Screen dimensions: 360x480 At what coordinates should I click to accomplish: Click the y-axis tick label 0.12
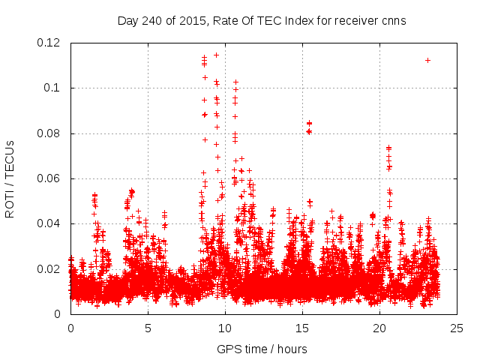click(49, 43)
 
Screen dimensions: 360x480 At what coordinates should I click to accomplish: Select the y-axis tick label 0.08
click(49, 133)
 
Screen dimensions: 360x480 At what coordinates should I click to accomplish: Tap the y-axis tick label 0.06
click(49, 178)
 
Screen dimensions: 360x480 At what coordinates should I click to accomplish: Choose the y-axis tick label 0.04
click(49, 223)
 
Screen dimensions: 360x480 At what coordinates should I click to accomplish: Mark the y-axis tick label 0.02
click(49, 268)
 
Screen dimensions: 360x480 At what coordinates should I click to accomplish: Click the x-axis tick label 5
click(148, 328)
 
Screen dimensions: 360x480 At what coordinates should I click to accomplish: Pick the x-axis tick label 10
click(225, 328)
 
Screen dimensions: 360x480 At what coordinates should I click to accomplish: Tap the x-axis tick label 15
click(302, 328)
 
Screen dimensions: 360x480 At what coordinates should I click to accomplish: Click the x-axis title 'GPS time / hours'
click(262, 349)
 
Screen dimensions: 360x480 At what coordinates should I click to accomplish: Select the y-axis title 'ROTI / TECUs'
click(10, 178)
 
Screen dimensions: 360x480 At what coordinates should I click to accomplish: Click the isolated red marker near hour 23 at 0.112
click(427, 60)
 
